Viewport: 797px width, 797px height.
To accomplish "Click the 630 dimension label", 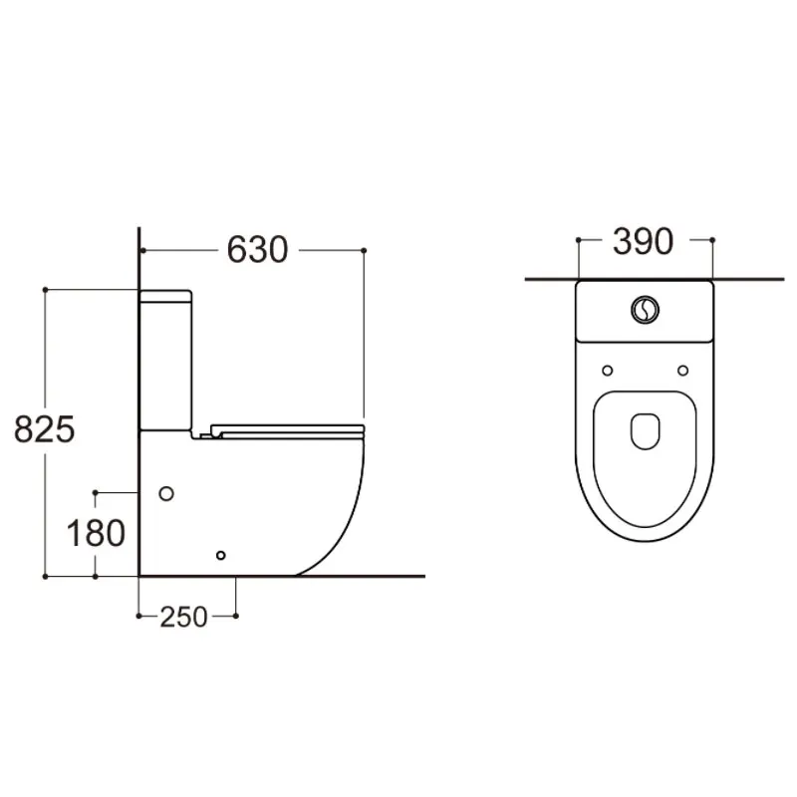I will [x=257, y=249].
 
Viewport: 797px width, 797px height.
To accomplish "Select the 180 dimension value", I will [x=96, y=534].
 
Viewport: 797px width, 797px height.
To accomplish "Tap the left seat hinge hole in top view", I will [x=607, y=372].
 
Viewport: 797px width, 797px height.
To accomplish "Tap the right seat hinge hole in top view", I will [x=683, y=372].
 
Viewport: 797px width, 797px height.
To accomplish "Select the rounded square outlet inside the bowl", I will [x=646, y=429].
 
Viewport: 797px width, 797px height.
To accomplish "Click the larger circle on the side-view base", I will [x=166, y=493].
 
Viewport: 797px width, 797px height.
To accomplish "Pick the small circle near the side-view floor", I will [x=221, y=555].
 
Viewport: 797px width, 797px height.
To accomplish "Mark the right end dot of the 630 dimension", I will [x=365, y=249].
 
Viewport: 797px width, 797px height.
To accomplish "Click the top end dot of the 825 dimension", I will [x=46, y=290].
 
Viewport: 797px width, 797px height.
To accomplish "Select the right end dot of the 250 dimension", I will [x=236, y=616].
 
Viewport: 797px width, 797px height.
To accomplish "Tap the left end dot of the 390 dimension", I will [x=578, y=240].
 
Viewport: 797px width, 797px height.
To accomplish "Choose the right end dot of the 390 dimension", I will [x=713, y=240].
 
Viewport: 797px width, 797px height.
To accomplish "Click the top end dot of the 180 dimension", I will [x=96, y=492].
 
